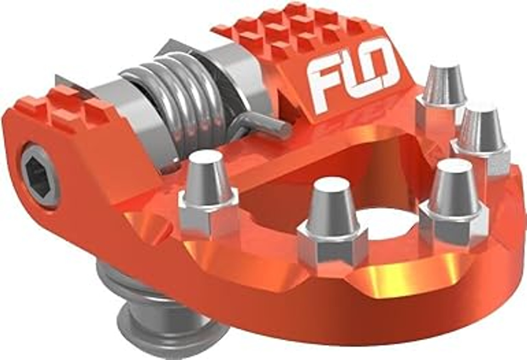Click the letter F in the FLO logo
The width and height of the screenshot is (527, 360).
click(323, 84)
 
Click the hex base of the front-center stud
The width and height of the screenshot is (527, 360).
click(331, 247)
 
